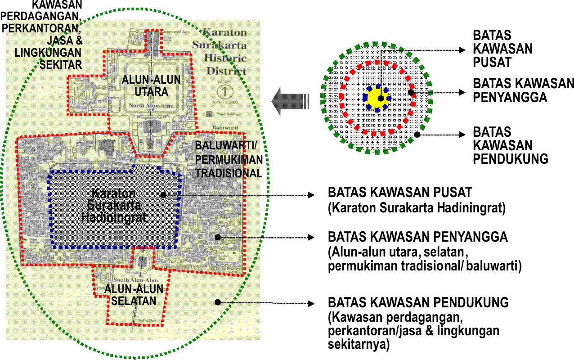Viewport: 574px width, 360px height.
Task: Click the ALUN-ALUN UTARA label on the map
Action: click(151, 86)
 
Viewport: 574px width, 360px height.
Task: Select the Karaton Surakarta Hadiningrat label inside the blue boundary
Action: click(115, 205)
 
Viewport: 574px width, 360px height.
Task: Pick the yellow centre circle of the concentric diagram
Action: click(377, 98)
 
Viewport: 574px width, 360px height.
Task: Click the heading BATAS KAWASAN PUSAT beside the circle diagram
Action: click(502, 49)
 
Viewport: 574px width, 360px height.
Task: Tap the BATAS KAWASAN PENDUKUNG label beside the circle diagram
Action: click(511, 145)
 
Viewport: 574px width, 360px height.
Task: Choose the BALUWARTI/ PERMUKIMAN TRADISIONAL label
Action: click(228, 159)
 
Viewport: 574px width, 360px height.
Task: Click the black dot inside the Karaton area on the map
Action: click(163, 194)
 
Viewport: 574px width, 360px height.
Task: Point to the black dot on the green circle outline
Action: click(417, 134)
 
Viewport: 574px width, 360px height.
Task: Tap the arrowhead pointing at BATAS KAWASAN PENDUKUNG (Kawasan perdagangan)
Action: click(311, 302)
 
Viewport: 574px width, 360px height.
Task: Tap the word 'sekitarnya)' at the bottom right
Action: click(359, 345)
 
